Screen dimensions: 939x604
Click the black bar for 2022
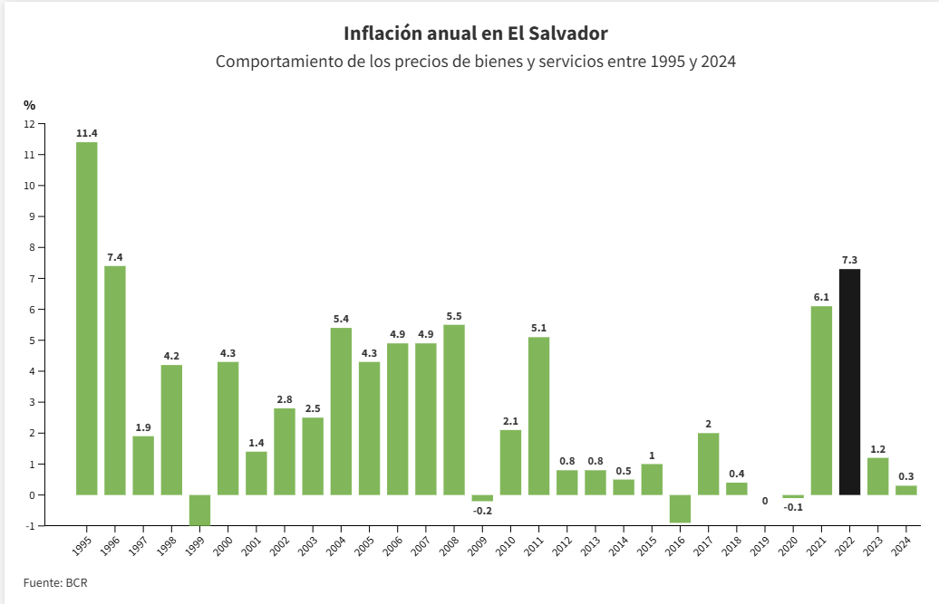pos(849,382)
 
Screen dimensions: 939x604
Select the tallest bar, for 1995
pos(87,319)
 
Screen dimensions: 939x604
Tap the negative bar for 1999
pos(199,510)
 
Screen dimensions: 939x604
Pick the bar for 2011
pos(538,417)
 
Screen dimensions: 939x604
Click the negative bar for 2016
pos(680,509)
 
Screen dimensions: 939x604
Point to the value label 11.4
pos(87,133)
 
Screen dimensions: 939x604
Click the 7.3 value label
pos(849,260)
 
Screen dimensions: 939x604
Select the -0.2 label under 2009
pos(482,511)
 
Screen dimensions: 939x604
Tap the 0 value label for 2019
pos(765,501)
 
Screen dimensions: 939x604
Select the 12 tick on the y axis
pos(29,124)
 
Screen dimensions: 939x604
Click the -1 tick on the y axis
pos(31,525)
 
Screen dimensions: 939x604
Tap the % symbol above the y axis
pos(29,105)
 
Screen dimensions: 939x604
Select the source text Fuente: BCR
pos(55,582)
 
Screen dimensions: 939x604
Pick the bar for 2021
pos(821,400)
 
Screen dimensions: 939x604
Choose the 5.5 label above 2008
pos(454,316)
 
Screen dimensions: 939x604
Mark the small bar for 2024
pos(906,491)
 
